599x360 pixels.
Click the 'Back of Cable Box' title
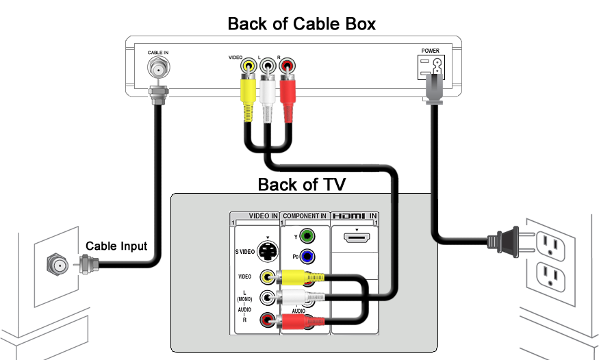(301, 25)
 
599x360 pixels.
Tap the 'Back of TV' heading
(301, 184)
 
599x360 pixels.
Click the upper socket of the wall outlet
(548, 242)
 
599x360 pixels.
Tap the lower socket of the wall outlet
(548, 275)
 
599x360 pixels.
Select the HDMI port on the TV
(355, 239)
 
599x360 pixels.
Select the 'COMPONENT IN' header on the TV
(305, 216)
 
